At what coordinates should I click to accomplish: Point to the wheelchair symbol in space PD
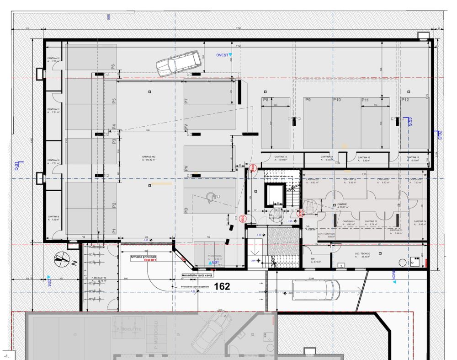pyautogui.click(x=211, y=195)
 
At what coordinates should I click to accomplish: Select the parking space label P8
pyautogui.click(x=265, y=99)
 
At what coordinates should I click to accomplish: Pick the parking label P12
pyautogui.click(x=405, y=99)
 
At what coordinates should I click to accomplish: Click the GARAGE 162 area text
pyautogui.click(x=150, y=158)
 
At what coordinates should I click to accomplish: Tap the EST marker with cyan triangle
pyautogui.click(x=213, y=263)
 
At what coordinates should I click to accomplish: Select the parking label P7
pyautogui.click(x=186, y=101)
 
